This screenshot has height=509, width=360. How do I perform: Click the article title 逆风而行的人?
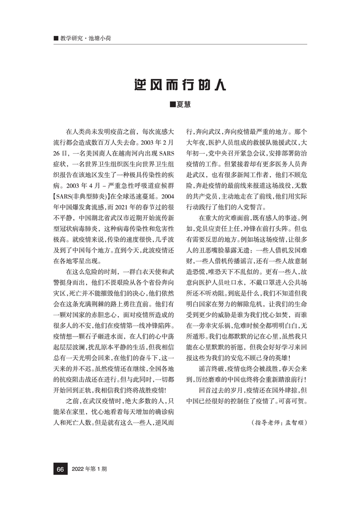[x=180, y=85]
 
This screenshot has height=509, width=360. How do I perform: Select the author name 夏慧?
[x=183, y=105]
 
